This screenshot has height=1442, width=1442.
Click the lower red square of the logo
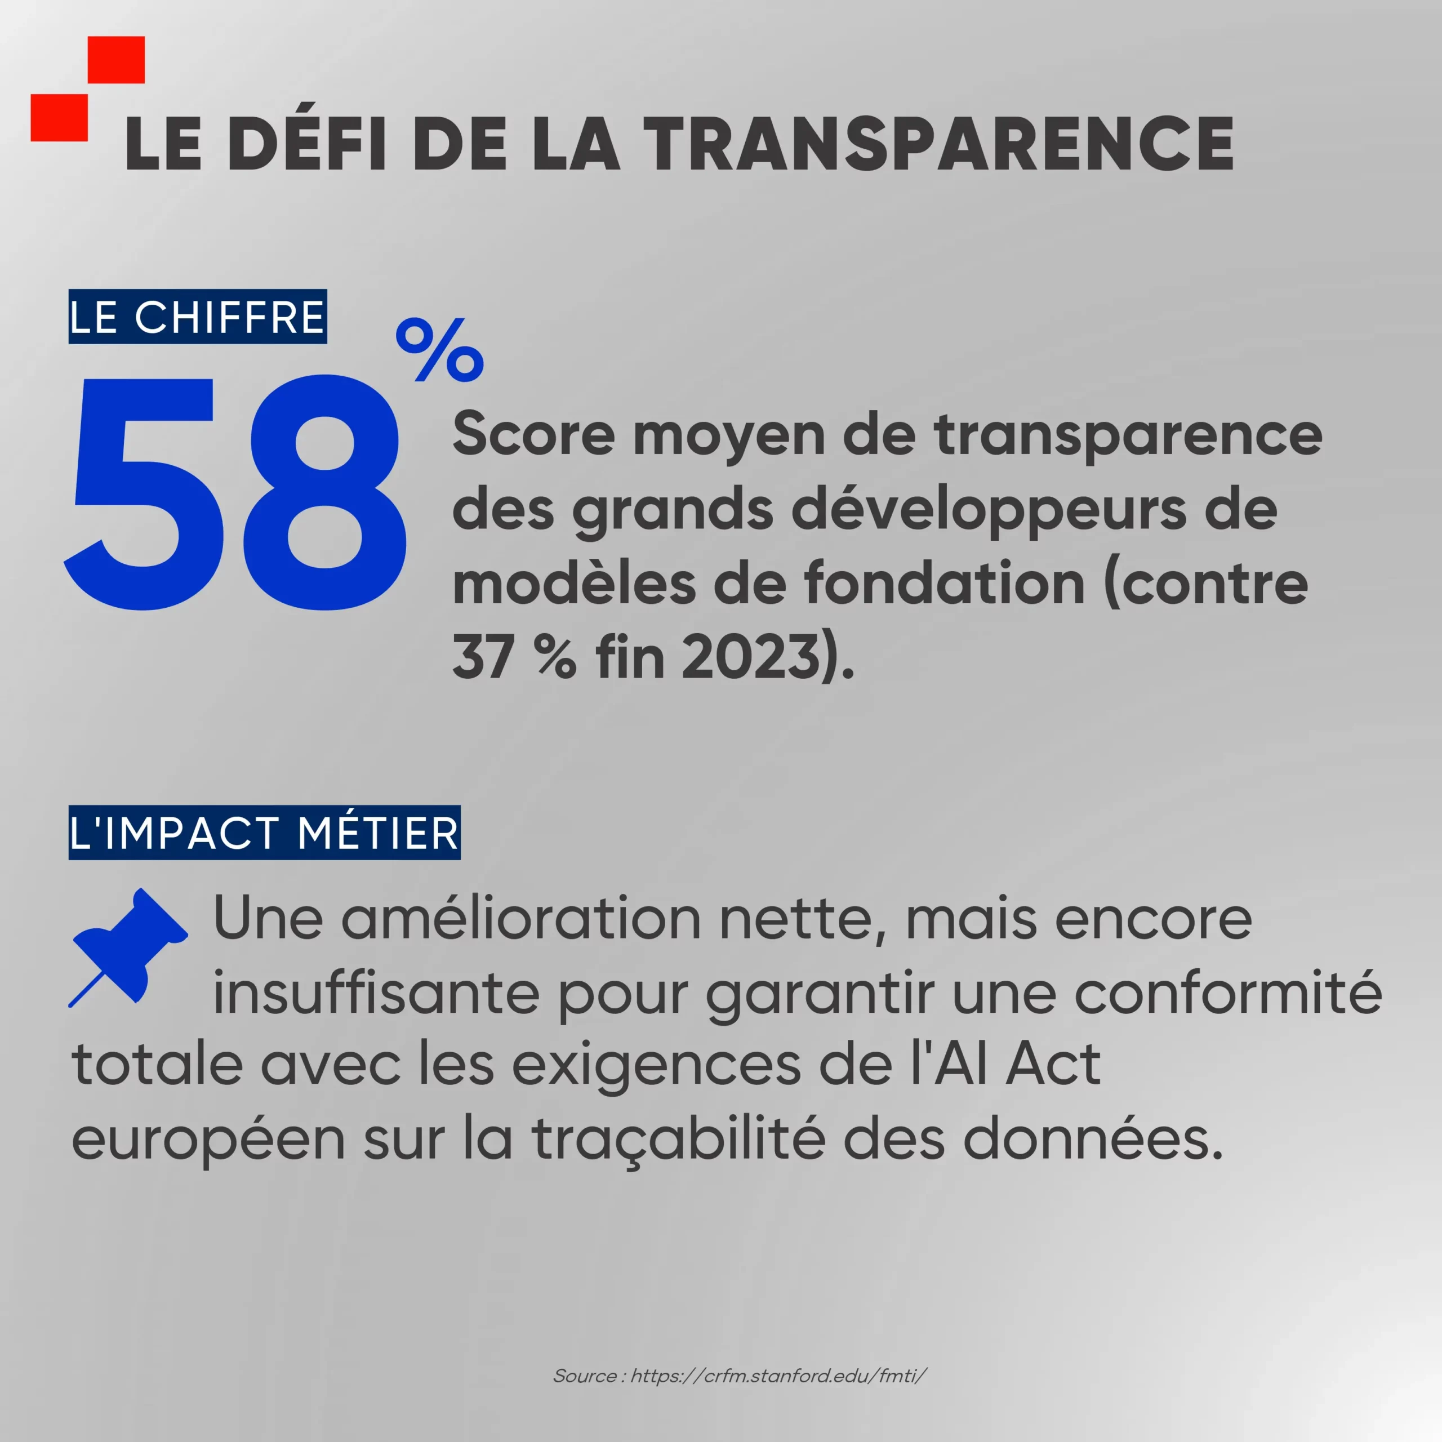coord(59,117)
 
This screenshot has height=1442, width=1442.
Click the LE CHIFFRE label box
coord(198,317)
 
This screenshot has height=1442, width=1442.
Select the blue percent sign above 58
coord(439,349)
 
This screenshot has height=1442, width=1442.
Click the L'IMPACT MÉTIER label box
coord(264,832)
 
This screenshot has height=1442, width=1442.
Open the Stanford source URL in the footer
coord(778,1376)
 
